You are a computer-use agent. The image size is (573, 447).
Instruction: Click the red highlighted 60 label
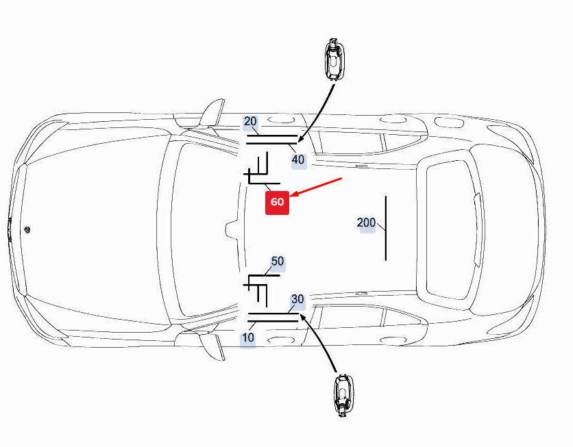pyautogui.click(x=277, y=203)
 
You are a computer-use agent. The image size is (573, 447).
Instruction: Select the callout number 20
pyautogui.click(x=250, y=122)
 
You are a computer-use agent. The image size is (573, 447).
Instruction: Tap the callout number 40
pyautogui.click(x=298, y=159)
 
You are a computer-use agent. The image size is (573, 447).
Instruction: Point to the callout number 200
pyautogui.click(x=366, y=222)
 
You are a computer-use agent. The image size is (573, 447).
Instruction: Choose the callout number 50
pyautogui.click(x=278, y=261)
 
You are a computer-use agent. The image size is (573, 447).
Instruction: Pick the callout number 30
pyautogui.click(x=298, y=299)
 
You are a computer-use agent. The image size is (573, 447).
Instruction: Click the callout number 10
pyautogui.click(x=247, y=337)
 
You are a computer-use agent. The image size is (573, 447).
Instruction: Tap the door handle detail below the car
pyautogui.click(x=343, y=396)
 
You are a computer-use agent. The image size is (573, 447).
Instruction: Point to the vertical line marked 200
pyautogui.click(x=386, y=228)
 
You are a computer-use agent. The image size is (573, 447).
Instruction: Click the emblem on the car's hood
pyautogui.click(x=27, y=229)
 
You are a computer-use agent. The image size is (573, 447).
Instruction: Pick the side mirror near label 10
pyautogui.click(x=211, y=347)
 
